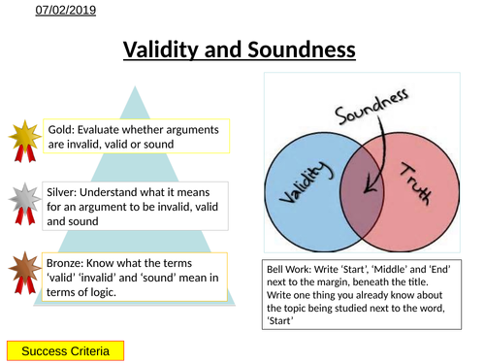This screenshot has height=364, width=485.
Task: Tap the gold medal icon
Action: (24, 138)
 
